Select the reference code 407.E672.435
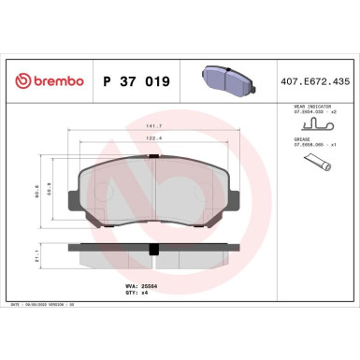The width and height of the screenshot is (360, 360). pyautogui.click(x=315, y=81)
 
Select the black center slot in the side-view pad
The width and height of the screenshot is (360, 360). pyautogui.click(x=152, y=248)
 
